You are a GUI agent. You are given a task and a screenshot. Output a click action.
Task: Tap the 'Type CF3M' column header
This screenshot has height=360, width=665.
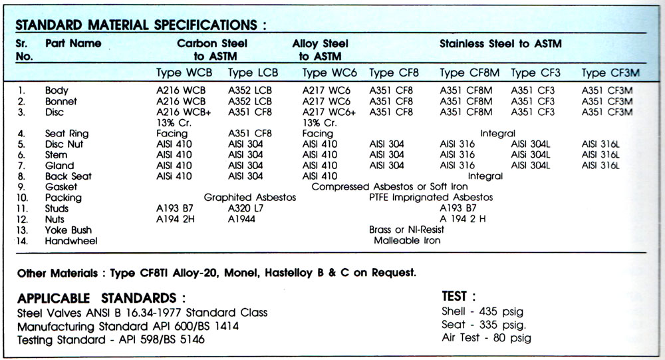click(x=610, y=73)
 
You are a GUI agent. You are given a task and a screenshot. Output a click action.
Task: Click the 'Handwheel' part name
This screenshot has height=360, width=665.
click(x=71, y=240)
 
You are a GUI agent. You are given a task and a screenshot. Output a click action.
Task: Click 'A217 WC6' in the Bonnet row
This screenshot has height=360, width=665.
click(x=327, y=101)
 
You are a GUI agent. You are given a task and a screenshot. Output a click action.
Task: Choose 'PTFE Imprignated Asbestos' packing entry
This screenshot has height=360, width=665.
click(x=430, y=198)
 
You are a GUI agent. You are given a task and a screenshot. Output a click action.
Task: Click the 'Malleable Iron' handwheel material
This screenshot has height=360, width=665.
click(x=406, y=240)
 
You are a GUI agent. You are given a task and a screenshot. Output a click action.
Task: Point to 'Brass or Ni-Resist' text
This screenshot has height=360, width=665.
click(x=406, y=230)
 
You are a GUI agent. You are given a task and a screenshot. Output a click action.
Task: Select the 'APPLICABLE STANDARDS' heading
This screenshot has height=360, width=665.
click(x=101, y=297)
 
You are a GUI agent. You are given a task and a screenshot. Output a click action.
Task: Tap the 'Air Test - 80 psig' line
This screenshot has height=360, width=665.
click(x=485, y=337)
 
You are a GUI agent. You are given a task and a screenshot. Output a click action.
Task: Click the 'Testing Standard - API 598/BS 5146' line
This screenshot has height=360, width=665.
click(x=111, y=339)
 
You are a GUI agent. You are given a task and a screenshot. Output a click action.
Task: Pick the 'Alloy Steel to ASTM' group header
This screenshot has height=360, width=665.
click(x=320, y=50)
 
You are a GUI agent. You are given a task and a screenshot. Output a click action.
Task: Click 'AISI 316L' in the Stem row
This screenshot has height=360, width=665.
click(x=600, y=154)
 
